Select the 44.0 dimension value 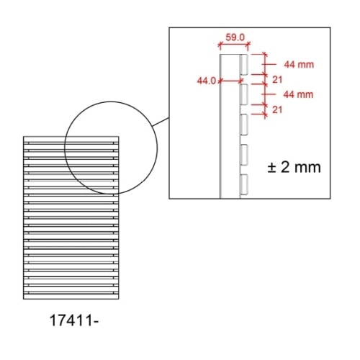[207, 81]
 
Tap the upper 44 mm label [299, 64]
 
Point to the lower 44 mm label [299, 94]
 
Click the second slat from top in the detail [243, 94]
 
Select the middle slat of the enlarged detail [243, 124]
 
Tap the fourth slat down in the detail [243, 154]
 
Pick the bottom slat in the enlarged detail [243, 184]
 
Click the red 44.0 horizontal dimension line [228, 81]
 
